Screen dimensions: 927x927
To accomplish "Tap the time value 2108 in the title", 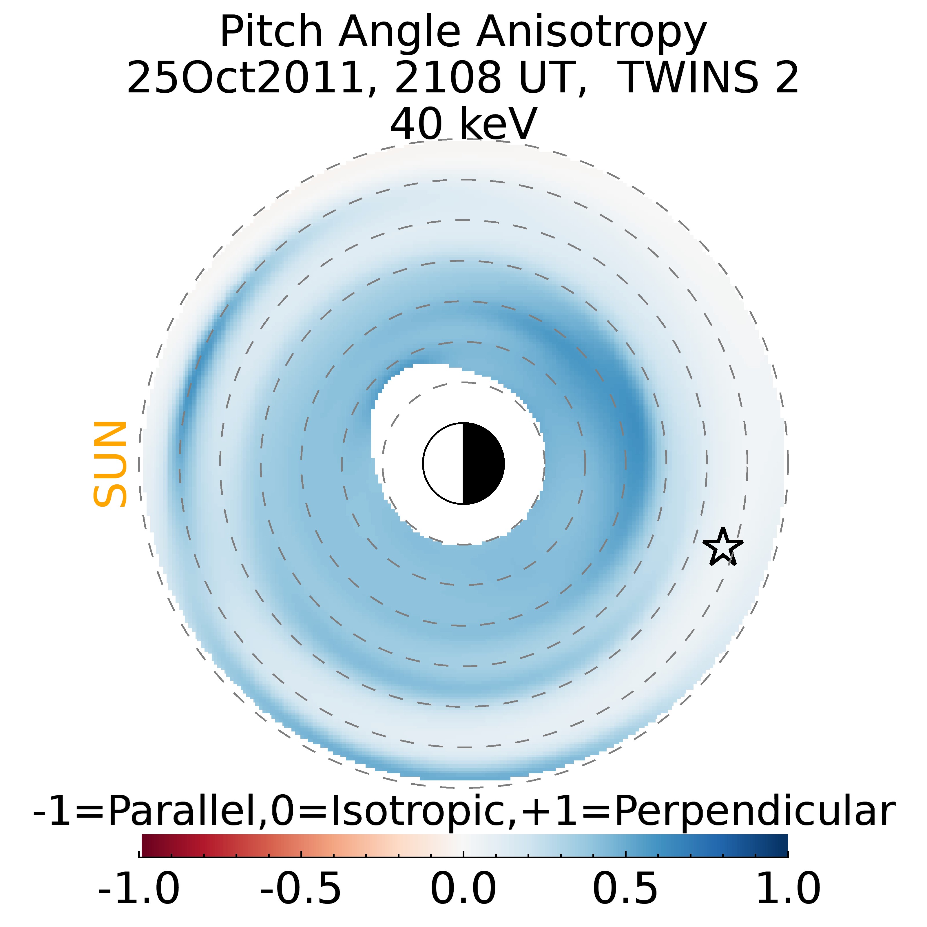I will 447,78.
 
